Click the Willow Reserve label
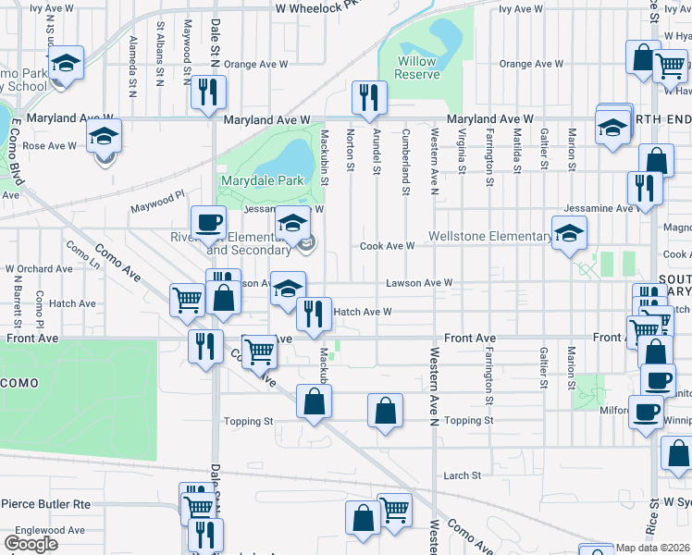coord(415,67)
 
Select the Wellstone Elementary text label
coord(489,237)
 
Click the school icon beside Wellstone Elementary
coord(569,232)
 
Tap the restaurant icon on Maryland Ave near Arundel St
coord(369,96)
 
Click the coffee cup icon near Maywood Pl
coord(208,222)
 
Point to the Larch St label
coord(463,475)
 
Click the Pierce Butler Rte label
coord(45,504)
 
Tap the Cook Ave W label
coord(387,246)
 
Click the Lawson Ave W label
coord(419,282)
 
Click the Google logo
coord(31,544)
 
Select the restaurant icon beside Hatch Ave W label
coord(315,314)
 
